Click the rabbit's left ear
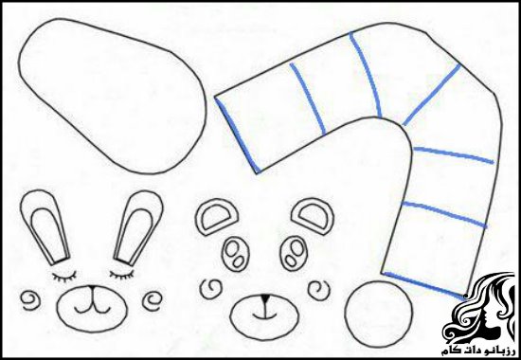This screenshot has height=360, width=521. pyautogui.click(x=45, y=226)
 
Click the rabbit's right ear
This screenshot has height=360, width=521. pyautogui.click(x=139, y=226)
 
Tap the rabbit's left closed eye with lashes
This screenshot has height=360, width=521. pyautogui.click(x=64, y=276)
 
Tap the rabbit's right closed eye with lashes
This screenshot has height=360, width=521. pyautogui.click(x=121, y=275)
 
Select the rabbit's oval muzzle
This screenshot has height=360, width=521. pyautogui.click(x=92, y=308)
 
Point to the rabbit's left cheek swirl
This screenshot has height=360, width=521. pyautogui.click(x=31, y=300)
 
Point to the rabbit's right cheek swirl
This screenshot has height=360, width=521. pyautogui.click(x=153, y=301)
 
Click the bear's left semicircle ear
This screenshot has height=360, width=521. pyautogui.click(x=217, y=217)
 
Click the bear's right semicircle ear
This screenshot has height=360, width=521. pyautogui.click(x=313, y=216)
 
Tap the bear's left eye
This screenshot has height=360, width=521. pyautogui.click(x=236, y=253)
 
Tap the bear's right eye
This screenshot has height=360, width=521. pyautogui.click(x=293, y=253)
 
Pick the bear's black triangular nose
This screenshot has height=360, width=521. pyautogui.click(x=265, y=298)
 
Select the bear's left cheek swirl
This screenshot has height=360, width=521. pyautogui.click(x=211, y=289)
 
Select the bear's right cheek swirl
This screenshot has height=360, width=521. pyautogui.click(x=319, y=290)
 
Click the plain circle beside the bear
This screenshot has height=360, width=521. pyautogui.click(x=379, y=315)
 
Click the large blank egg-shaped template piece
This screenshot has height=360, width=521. pyautogui.click(x=113, y=97)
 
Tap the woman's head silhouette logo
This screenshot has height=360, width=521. pyautogui.click(x=478, y=308)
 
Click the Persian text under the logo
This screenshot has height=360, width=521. pyautogui.click(x=477, y=351)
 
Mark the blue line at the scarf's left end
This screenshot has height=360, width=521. pyautogui.click(x=237, y=135)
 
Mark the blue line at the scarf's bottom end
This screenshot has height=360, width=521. pyautogui.click(x=424, y=286)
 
